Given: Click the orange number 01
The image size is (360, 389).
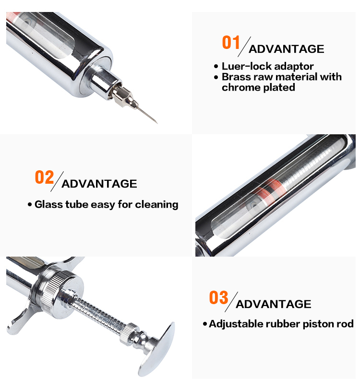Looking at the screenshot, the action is (x=231, y=42).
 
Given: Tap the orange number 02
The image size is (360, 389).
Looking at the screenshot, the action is (x=44, y=177).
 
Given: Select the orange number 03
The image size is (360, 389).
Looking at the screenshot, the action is (x=218, y=297).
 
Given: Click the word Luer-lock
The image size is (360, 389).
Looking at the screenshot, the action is (x=247, y=66).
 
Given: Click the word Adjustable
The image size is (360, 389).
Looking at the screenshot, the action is (x=236, y=324).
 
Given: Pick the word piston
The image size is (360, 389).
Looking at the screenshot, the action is (x=318, y=324).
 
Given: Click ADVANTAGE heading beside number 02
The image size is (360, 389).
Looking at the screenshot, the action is (x=99, y=184).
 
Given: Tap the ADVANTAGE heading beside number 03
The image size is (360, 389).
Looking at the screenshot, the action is (x=273, y=304).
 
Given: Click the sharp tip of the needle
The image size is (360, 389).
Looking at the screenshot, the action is (x=157, y=123).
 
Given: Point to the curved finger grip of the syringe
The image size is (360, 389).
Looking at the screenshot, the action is (x=20, y=318).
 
